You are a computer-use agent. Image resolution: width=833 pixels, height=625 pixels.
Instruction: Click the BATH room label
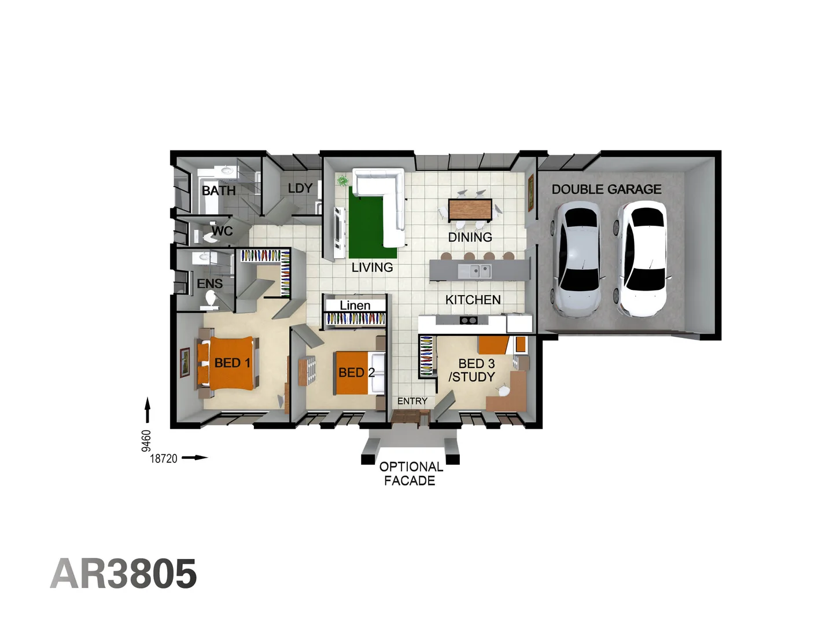tap(219, 190)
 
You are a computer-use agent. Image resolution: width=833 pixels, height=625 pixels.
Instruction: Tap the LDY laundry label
tap(300, 188)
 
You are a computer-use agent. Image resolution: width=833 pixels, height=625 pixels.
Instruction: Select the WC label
tap(222, 231)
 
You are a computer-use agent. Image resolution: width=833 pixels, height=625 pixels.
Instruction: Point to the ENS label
tap(209, 284)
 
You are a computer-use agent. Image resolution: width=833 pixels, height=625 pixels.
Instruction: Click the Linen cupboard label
tap(355, 305)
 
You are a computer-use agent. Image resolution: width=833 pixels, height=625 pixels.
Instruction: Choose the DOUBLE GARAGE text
tap(606, 189)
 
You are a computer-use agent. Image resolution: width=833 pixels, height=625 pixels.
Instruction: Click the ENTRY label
tap(412, 401)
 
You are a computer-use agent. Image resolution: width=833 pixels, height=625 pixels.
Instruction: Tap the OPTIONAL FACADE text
tap(411, 473)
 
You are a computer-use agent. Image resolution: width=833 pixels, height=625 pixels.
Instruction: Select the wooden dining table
tap(470, 209)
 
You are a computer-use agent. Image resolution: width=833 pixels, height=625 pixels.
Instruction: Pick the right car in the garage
tap(641, 258)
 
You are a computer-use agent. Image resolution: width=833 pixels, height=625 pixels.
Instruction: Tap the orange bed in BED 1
tap(230, 363)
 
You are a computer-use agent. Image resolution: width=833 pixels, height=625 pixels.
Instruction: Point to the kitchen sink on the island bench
tap(475, 270)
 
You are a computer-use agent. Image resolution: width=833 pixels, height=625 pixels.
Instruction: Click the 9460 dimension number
tap(146, 440)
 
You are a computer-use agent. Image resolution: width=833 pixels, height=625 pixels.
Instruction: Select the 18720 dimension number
tap(164, 458)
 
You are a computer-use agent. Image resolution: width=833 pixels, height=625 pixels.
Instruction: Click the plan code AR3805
tap(124, 574)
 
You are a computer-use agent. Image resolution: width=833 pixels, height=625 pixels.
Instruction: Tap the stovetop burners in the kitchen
tap(468, 320)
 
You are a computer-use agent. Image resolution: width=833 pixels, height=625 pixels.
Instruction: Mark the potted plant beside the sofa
tap(343, 181)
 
